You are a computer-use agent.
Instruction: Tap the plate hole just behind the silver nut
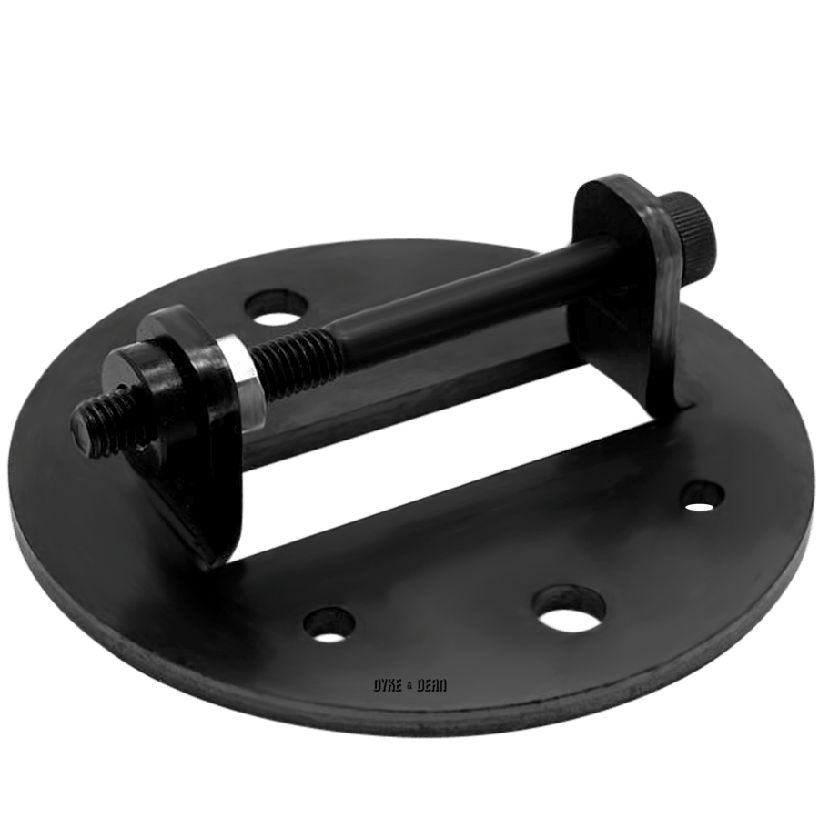tap(277, 308)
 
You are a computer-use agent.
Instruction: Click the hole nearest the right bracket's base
tap(703, 493)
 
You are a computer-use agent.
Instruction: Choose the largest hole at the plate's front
tap(569, 608)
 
